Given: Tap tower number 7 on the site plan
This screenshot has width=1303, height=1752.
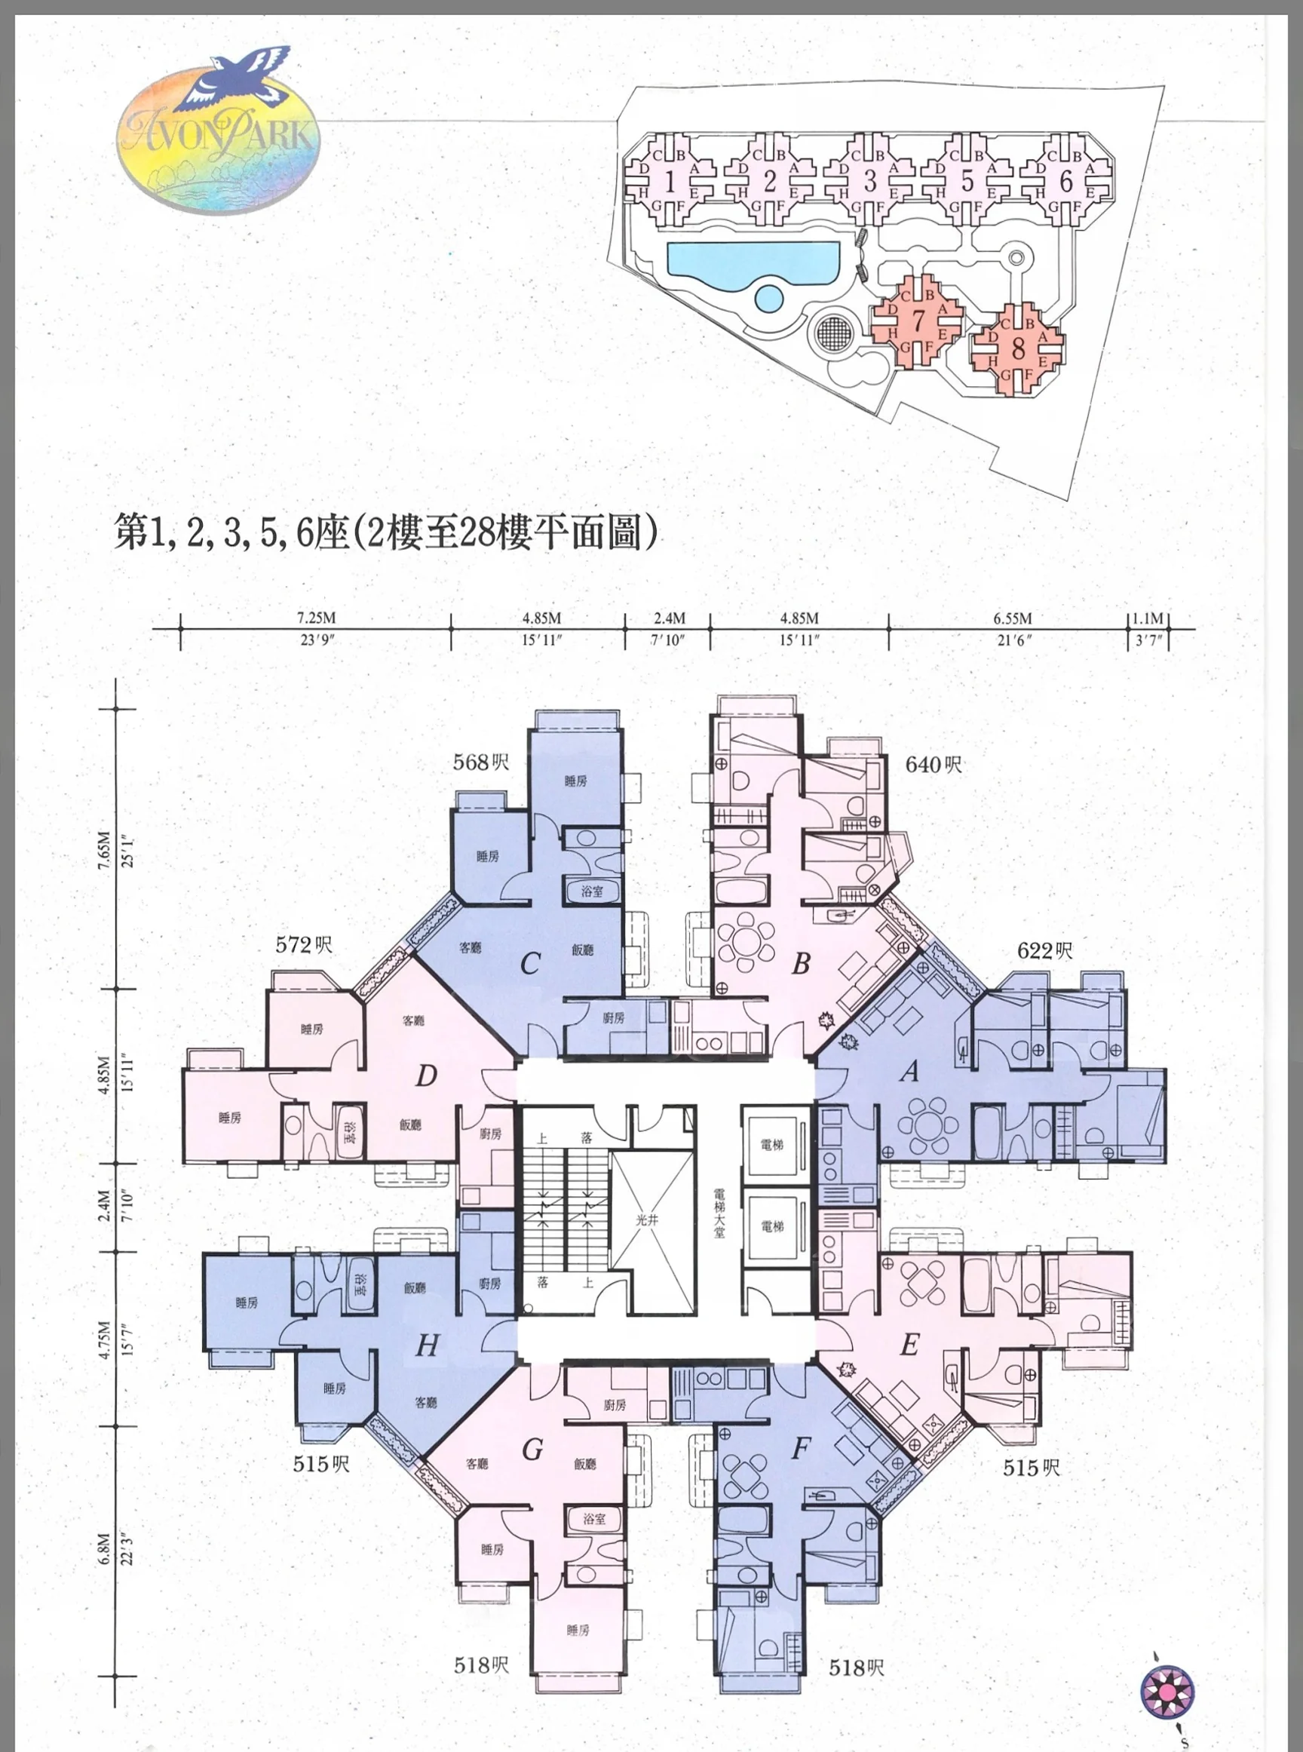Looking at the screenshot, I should point(918,321).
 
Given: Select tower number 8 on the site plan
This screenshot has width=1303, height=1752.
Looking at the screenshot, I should point(1017,347).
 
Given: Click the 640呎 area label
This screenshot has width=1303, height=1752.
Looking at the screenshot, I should point(934,765).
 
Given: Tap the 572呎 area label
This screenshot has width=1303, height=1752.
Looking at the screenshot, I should point(304,944).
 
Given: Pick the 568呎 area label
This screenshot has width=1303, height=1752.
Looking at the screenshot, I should point(481,762).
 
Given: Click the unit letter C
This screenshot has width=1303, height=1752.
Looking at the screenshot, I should point(530,964).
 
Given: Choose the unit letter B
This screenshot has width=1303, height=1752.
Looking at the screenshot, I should point(801,964).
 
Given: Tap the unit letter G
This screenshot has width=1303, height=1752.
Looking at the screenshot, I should point(532,1450).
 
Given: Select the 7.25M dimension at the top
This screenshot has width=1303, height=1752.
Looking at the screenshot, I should point(315,618).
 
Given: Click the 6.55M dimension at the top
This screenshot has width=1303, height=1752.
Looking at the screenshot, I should point(1013,618).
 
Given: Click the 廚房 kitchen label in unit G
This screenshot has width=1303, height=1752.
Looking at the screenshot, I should point(615,1406).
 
